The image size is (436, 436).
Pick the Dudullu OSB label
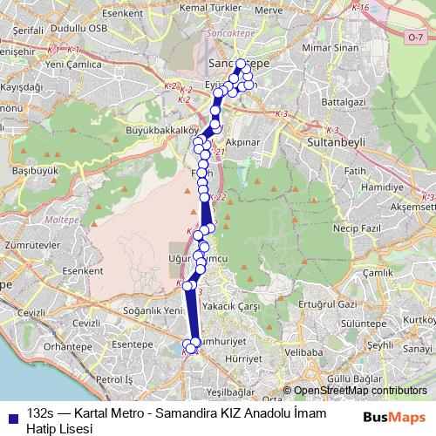(58, 29)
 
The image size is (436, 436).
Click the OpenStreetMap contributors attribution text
(360, 391)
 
